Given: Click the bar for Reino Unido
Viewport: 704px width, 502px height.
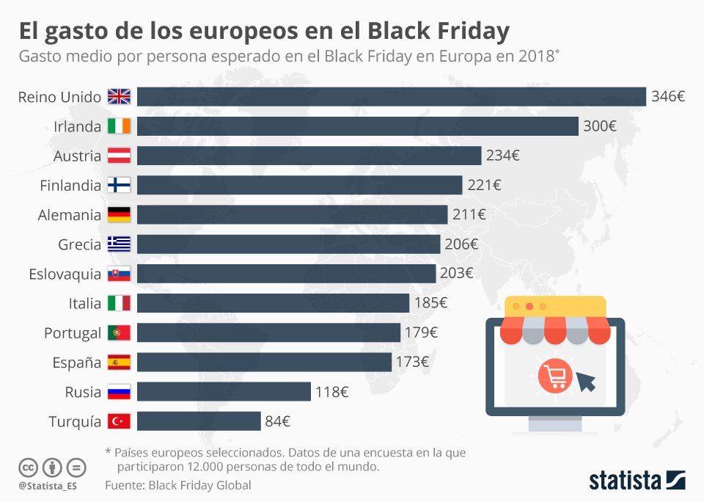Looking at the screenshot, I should (391, 97).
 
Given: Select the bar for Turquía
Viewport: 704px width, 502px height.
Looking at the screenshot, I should (199, 421).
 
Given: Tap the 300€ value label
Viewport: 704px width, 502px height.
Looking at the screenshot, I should (599, 126).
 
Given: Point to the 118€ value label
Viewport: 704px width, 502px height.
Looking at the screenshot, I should (331, 392).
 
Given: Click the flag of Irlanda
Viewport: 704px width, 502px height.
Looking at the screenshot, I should (119, 126).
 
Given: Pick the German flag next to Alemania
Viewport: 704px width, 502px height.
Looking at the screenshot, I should (119, 215).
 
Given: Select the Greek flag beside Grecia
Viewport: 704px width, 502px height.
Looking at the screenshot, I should (119, 244).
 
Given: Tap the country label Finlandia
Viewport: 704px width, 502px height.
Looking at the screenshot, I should (70, 186).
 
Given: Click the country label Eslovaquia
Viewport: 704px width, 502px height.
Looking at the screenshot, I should (65, 274).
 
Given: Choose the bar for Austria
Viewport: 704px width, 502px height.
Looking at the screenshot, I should (309, 156).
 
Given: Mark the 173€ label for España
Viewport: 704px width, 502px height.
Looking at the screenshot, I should (412, 362).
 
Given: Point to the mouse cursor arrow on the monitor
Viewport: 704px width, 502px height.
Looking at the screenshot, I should (585, 382).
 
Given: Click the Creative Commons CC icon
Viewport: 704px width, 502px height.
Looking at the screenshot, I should (28, 468).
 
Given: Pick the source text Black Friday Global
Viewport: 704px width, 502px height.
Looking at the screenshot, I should (199, 485).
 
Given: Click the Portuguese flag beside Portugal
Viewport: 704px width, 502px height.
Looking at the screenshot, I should (119, 332).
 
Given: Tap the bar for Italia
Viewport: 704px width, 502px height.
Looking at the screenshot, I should (273, 303).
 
